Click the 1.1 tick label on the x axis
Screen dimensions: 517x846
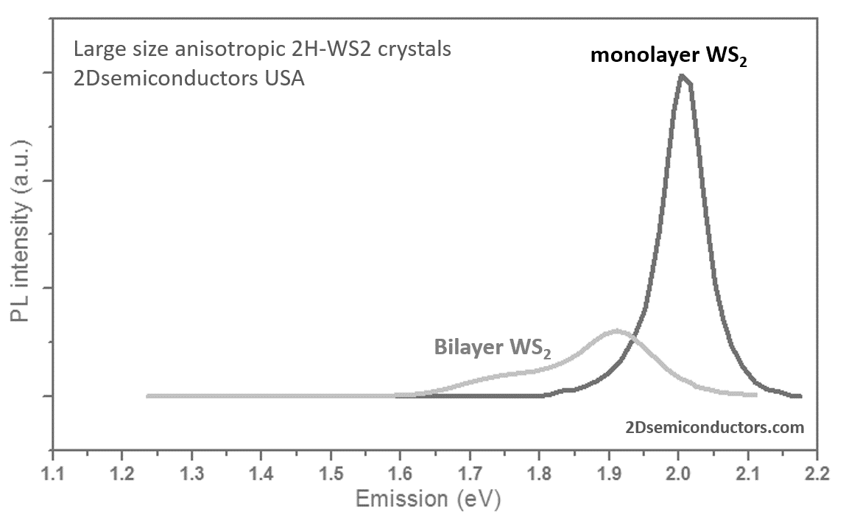click(x=52, y=471)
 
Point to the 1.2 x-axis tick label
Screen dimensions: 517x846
click(x=122, y=471)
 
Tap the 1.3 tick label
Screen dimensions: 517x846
click(x=191, y=471)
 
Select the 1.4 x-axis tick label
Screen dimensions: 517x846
click(x=261, y=471)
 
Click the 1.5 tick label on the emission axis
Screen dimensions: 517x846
click(x=331, y=471)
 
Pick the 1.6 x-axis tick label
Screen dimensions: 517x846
click(x=401, y=471)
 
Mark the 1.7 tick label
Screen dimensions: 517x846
click(x=470, y=471)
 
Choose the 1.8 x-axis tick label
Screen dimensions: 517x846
click(x=540, y=471)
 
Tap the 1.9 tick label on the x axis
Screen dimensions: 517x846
click(x=609, y=471)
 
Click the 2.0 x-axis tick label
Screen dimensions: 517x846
click(x=679, y=471)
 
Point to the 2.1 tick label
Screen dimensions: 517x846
click(x=748, y=471)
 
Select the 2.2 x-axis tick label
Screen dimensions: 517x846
click(x=817, y=471)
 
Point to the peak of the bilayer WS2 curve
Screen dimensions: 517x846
click(x=616, y=331)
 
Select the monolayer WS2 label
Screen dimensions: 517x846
click(x=669, y=55)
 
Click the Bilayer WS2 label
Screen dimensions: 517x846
click(x=492, y=346)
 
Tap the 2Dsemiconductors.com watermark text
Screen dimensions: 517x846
click(x=713, y=426)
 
